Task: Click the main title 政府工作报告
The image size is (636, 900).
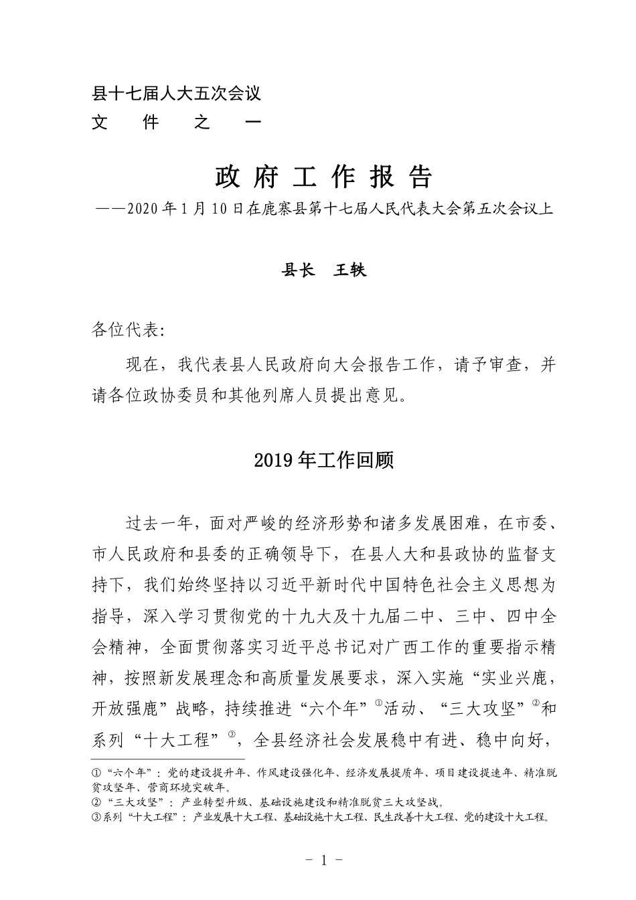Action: click(324, 177)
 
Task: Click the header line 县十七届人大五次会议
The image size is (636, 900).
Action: click(176, 94)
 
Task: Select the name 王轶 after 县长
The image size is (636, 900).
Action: click(350, 271)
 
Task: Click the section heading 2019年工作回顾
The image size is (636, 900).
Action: click(324, 461)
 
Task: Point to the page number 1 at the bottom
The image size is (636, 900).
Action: click(323, 860)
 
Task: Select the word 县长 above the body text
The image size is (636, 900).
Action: click(297, 271)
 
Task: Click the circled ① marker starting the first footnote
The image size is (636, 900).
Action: click(96, 773)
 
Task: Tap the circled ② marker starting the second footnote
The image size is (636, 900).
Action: click(96, 802)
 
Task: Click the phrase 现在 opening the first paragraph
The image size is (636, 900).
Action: click(142, 366)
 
